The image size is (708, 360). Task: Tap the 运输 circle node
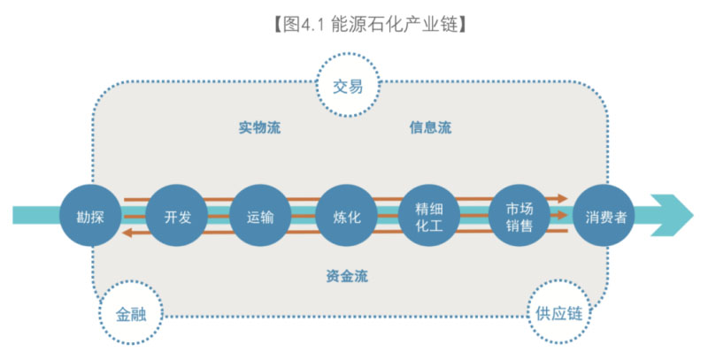259,216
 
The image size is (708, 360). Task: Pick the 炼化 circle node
346,216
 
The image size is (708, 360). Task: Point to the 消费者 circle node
603,216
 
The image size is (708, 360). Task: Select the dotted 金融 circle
131,314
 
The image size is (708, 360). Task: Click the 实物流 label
259,127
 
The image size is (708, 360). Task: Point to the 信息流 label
430,127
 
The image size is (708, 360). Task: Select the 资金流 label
346,276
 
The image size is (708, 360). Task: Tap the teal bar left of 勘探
35,216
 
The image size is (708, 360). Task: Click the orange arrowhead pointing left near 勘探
127,233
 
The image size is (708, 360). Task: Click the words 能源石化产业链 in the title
390,24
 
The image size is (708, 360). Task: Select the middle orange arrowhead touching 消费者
562,215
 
